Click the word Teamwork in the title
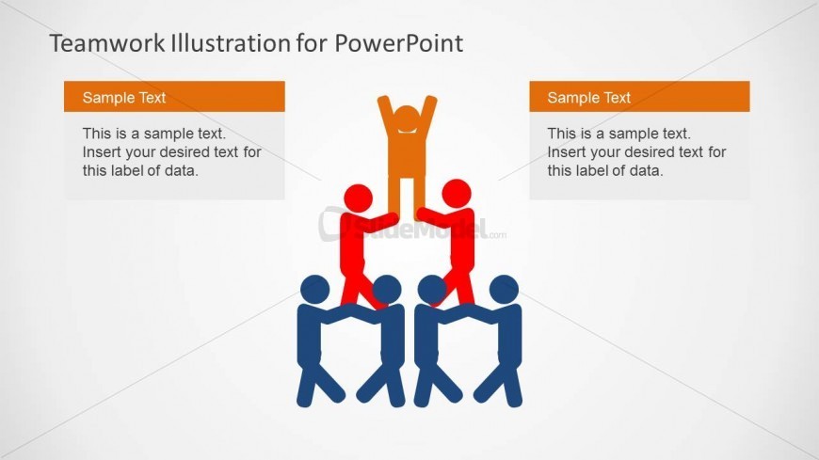(x=108, y=43)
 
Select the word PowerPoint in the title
(x=398, y=43)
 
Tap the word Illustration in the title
(x=231, y=43)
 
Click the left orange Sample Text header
(x=174, y=97)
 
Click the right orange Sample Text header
(x=639, y=97)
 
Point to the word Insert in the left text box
(x=101, y=152)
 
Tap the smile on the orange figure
(x=407, y=129)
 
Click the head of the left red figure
(x=359, y=198)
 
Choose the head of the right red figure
(x=457, y=193)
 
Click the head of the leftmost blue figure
(x=315, y=290)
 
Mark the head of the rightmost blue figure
(x=504, y=290)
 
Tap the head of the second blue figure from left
(x=387, y=290)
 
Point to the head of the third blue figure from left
(x=432, y=290)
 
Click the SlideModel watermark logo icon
(x=331, y=225)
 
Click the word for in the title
(x=313, y=43)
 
